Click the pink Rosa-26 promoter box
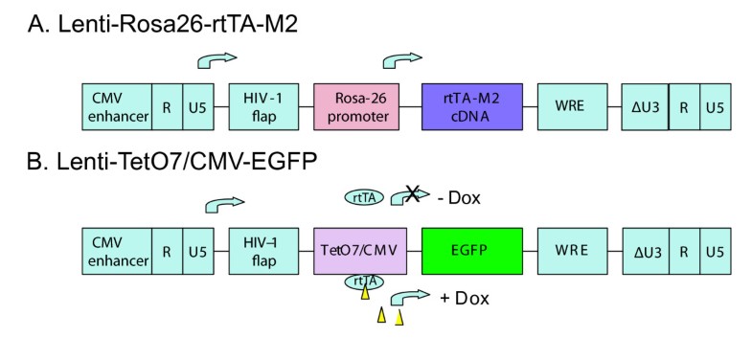(353, 105)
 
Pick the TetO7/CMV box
(353, 252)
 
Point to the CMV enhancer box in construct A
(117, 105)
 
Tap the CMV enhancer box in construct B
(117, 252)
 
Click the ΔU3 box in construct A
(645, 105)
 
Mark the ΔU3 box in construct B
(645, 252)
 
